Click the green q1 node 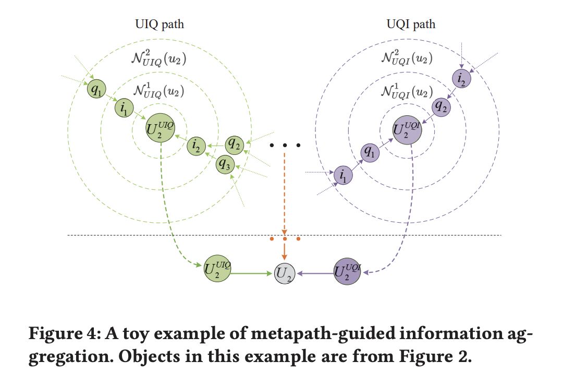click(96, 89)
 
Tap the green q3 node click(225, 164)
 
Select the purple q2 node click(441, 107)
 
